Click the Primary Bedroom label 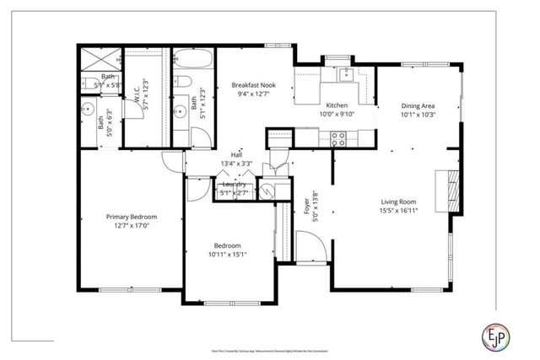click(131, 217)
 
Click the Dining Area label click(418, 105)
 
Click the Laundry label click(234, 184)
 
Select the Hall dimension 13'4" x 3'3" click(237, 164)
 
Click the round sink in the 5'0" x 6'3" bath click(88, 107)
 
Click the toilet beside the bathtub click(182, 83)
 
